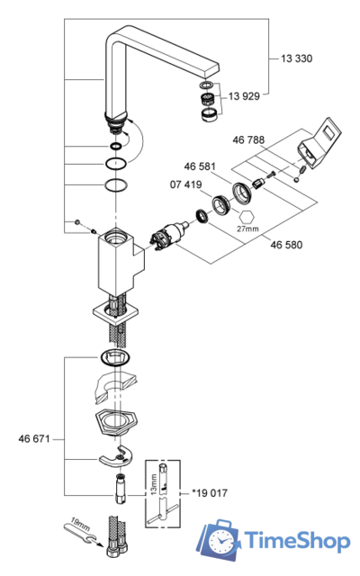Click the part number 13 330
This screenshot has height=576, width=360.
[296, 58]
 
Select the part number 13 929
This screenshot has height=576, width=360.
[244, 96]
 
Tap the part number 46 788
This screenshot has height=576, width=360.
[248, 140]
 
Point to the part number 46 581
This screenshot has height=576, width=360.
[200, 166]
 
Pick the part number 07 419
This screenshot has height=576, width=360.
[185, 184]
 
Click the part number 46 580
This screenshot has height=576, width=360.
[286, 245]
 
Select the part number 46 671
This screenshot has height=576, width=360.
[34, 438]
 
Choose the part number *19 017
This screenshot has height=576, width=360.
[210, 493]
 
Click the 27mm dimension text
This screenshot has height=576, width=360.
[247, 229]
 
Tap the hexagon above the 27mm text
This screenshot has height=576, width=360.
[246, 217]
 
